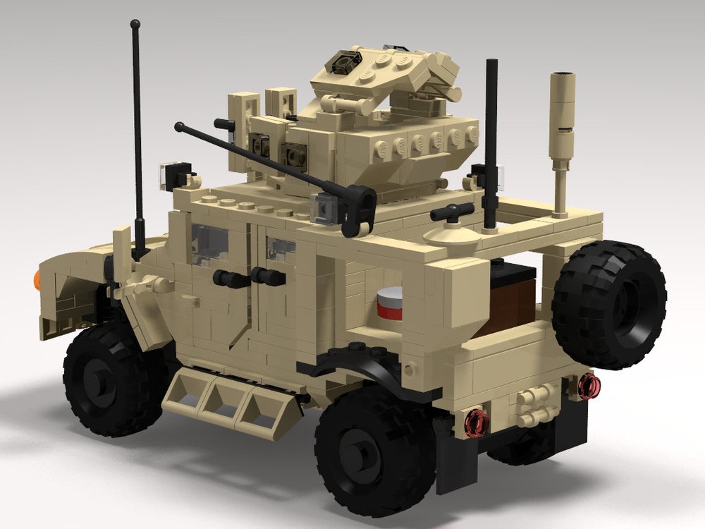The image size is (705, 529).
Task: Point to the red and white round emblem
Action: click(388, 304)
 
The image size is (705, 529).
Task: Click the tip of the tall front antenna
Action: click(135, 25)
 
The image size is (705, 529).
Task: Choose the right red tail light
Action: click(589, 384)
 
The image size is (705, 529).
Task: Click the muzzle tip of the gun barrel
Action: click(180, 127)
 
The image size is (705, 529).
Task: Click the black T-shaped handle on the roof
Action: click(452, 212)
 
